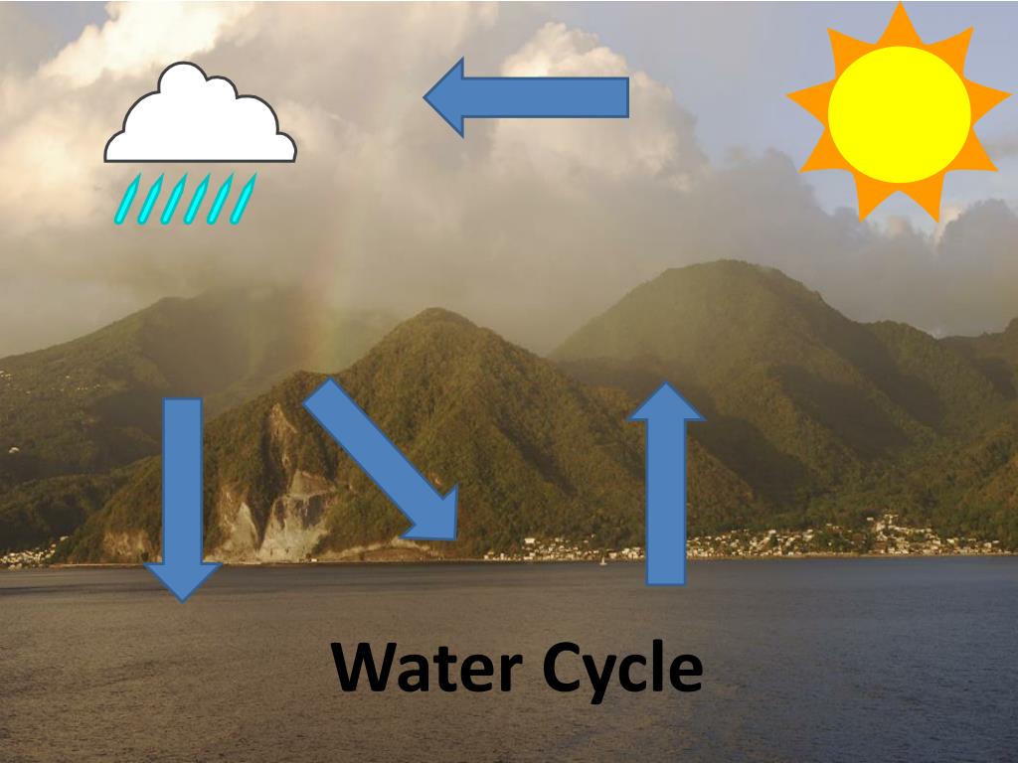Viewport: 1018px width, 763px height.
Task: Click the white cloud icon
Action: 199,119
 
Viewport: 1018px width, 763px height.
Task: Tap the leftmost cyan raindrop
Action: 124,201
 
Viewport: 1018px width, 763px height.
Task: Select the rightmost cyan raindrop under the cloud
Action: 243,199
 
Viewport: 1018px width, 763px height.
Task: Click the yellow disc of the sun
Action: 899,114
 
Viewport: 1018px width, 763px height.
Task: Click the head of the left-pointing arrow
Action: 447,96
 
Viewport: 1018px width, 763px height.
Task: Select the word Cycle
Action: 623,668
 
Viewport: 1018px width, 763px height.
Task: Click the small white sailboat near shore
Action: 601,561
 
